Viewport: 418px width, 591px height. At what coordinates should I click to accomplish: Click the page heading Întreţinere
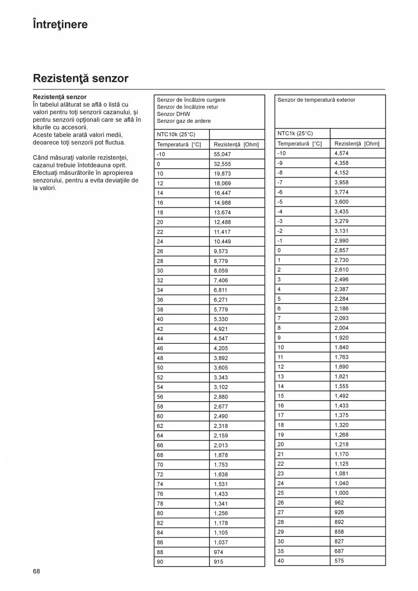(60, 25)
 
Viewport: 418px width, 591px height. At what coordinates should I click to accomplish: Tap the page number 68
(36, 571)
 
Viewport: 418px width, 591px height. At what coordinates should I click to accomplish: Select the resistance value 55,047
(222, 154)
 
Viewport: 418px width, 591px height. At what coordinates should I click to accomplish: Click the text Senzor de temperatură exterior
(316, 100)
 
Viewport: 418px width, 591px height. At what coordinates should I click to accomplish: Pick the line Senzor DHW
(174, 114)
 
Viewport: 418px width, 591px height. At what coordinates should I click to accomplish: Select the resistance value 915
(219, 562)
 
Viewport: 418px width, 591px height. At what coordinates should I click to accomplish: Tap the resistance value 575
(339, 561)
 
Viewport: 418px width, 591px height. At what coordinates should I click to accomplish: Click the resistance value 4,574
(341, 154)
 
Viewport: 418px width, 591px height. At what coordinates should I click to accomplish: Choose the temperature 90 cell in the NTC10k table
(160, 562)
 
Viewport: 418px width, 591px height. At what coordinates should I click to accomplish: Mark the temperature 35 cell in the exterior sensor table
(281, 551)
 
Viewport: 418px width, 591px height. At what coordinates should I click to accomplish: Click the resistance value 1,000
(341, 493)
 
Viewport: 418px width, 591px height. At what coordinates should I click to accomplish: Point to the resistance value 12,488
(222, 222)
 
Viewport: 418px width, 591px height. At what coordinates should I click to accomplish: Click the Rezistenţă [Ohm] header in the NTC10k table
(236, 144)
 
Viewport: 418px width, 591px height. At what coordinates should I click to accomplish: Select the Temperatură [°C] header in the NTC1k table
(299, 144)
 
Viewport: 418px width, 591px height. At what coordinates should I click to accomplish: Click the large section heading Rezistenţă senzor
(81, 79)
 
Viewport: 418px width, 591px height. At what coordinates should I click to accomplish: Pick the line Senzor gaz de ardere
(184, 121)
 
